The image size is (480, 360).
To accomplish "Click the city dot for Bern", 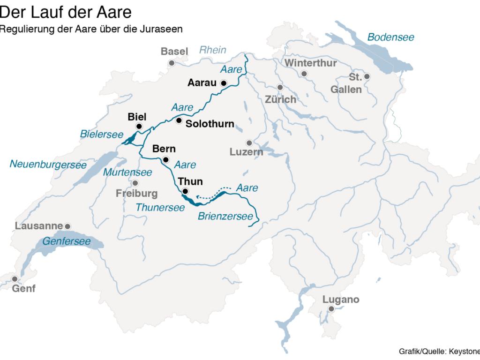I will (165, 159).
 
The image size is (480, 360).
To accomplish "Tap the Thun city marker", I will (185, 191).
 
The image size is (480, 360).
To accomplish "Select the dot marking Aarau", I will (224, 83).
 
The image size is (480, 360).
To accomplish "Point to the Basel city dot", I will (172, 62).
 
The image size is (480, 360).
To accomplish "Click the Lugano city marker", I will (331, 309).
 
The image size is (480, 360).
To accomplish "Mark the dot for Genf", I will (15, 278).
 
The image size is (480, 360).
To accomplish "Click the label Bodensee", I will (390, 37).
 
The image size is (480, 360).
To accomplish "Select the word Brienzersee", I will (228, 217).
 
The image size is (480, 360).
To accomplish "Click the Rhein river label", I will (213, 50).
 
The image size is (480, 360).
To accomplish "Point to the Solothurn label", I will (210, 124).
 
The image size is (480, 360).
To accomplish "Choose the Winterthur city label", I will (310, 63).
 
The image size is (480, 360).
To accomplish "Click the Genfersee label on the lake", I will (66, 241).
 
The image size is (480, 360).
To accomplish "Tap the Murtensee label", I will (127, 172).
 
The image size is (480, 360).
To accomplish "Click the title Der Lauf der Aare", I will (66, 10).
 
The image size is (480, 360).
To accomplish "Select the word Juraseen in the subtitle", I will (165, 29).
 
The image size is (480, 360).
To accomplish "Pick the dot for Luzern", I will (249, 142).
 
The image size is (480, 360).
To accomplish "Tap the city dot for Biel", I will (139, 127).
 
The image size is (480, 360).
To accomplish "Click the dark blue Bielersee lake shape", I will (130, 138).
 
